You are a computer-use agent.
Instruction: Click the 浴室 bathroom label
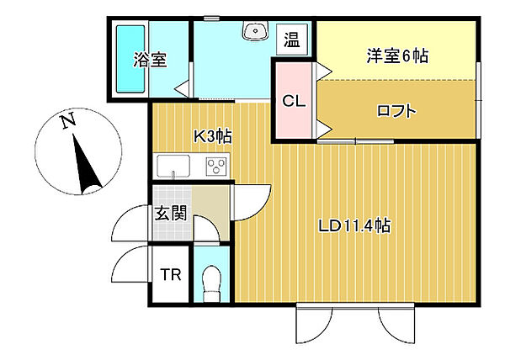coord(150,60)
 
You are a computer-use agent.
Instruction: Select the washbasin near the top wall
coord(253,32)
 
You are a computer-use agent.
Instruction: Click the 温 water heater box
coord(291,40)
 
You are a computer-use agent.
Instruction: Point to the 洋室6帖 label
coord(397,56)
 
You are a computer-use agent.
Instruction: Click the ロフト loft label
coord(396,109)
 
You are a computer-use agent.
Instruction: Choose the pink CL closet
coord(293,102)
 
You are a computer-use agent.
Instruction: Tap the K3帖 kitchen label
coord(212,135)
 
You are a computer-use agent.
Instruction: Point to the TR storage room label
coord(170,274)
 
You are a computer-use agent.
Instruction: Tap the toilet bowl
coord(212,278)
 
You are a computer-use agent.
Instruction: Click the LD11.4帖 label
coord(353,225)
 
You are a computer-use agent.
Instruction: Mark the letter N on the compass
coord(66,123)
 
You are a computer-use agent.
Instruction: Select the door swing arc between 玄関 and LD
coord(251,200)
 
